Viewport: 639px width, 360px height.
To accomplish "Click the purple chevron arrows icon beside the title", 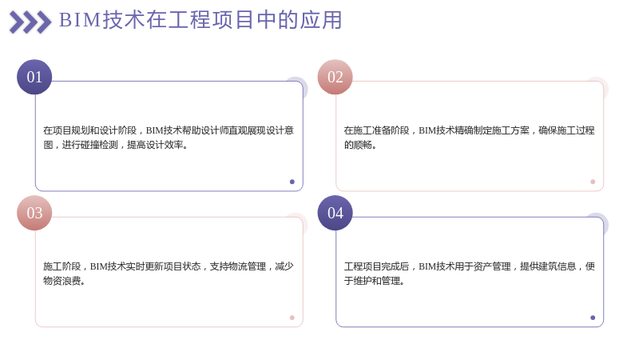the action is [x=30, y=22].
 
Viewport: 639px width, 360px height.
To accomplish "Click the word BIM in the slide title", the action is [x=80, y=20].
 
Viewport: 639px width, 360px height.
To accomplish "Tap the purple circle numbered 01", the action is [x=34, y=77].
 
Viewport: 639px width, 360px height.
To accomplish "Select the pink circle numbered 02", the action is [x=335, y=77].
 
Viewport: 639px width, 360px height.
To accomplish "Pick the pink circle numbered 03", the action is [x=34, y=213].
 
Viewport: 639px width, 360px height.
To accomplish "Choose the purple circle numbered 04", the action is [x=335, y=213].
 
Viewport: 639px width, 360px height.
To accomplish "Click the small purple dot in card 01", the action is [x=292, y=182].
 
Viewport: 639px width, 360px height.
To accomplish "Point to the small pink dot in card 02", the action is [x=593, y=182].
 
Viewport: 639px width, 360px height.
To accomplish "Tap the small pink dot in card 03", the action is [x=292, y=318].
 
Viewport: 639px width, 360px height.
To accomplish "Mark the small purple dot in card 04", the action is [x=593, y=318].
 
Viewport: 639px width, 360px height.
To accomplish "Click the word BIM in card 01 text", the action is [x=154, y=130].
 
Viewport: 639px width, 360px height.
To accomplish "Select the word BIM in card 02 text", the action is [x=427, y=130].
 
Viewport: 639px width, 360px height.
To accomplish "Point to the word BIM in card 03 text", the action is [x=98, y=266].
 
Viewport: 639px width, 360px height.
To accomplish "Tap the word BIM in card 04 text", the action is [x=427, y=266].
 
